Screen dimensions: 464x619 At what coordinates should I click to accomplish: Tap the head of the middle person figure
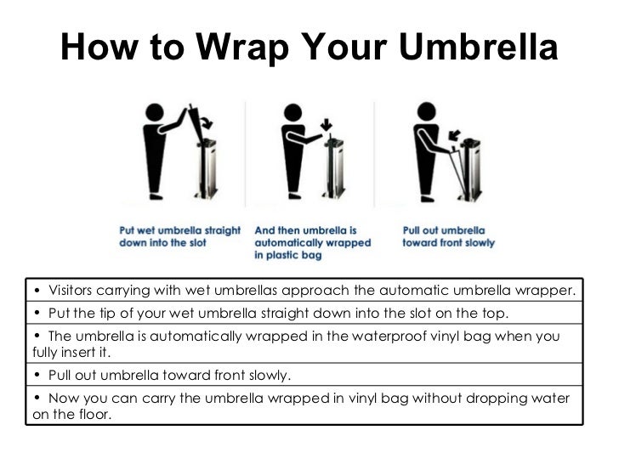click(x=293, y=112)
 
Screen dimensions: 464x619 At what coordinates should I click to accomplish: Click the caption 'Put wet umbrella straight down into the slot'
click(x=179, y=236)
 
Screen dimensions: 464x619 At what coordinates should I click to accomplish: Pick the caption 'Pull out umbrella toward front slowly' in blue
click(x=448, y=236)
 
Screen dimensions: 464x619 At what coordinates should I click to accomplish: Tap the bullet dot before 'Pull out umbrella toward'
click(x=38, y=375)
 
